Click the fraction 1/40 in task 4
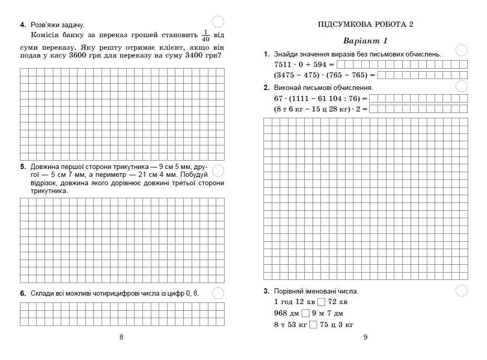click(205, 36)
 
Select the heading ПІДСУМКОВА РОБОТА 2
click(366, 24)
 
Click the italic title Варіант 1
click(365, 41)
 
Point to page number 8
click(121, 337)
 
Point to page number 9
click(366, 337)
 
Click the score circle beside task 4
click(219, 21)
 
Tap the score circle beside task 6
click(218, 293)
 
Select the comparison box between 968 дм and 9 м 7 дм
click(306, 313)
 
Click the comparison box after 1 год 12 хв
click(321, 302)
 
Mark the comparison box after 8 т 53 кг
click(314, 325)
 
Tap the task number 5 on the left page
click(23, 167)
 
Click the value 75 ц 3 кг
click(337, 325)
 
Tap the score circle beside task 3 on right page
click(462, 290)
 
